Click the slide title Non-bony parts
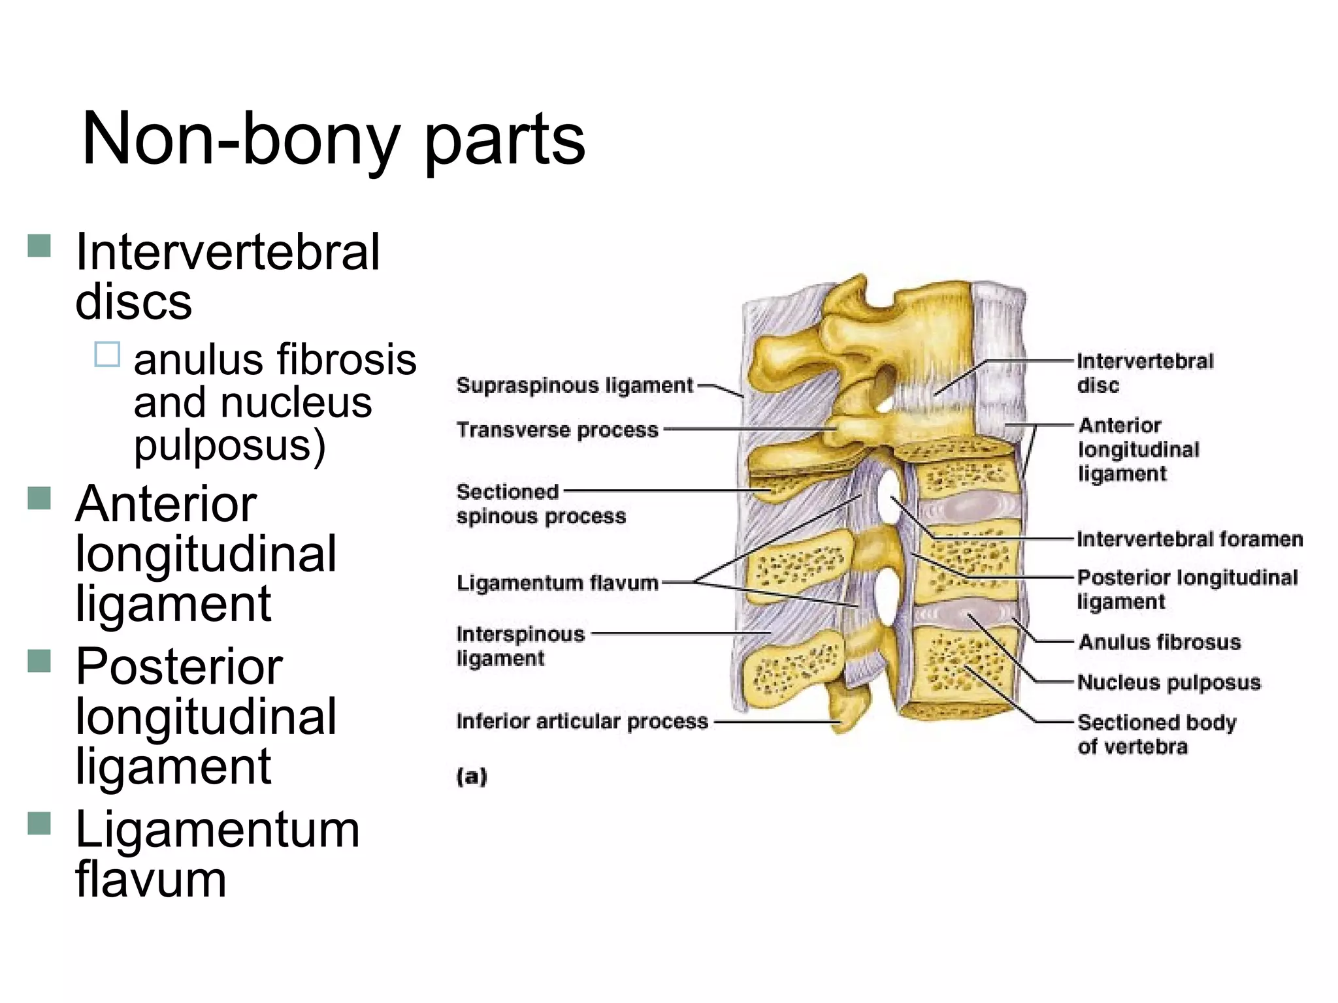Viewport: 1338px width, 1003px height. coord(333,140)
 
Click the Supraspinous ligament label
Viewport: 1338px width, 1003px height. coord(574,385)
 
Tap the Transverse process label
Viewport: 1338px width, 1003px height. coord(557,430)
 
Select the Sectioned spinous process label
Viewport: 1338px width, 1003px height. coord(540,503)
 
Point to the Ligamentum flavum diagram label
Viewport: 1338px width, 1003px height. coord(557,582)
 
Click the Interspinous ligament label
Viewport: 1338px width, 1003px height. coord(520,646)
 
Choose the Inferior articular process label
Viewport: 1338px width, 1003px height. coord(581,722)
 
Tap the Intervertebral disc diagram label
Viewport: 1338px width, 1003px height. coord(1144,373)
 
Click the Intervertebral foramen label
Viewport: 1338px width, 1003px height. coord(1189,539)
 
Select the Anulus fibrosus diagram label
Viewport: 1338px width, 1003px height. coord(1159,642)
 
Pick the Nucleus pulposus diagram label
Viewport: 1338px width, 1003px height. coord(1168,682)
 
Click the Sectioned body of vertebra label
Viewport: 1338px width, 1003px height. coord(1156,734)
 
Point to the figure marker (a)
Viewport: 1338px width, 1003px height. coord(472,776)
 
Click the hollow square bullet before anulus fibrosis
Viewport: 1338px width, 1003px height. coord(107,355)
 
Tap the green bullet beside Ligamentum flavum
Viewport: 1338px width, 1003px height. coord(40,823)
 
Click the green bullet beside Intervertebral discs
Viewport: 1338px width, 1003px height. coord(40,246)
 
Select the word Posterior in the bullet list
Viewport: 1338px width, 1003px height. coord(179,667)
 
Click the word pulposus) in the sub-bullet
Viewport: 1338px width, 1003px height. coord(229,446)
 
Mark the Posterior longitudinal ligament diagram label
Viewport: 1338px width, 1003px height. coord(1186,589)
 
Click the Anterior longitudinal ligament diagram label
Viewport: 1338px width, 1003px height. coord(1138,449)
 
